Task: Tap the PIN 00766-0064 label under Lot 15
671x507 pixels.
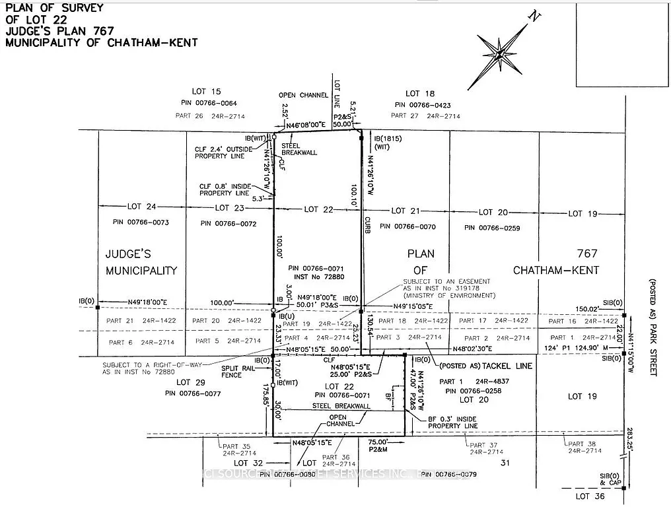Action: pos(209,104)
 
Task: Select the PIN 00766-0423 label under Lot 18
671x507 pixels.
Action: pos(423,104)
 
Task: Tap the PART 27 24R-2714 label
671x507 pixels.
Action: pos(425,116)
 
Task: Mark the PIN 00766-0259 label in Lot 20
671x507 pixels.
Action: pos(492,228)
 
